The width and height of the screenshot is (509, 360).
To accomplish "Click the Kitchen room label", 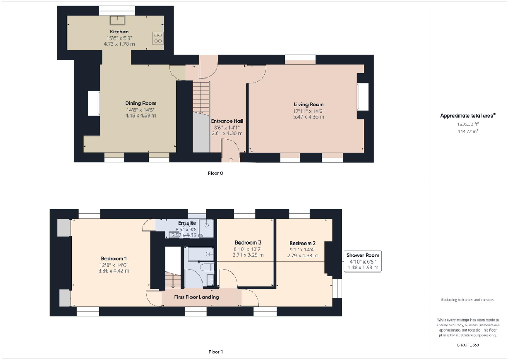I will point(119,32).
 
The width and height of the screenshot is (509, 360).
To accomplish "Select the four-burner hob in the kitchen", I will point(158,37).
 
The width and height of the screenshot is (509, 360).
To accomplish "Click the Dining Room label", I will point(140,103).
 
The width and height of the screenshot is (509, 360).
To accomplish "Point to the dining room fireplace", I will point(94,103).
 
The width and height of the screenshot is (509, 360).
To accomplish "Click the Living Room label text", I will point(309,104).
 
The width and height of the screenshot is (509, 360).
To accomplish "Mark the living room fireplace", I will point(362,98).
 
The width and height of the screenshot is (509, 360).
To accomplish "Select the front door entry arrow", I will point(230,159).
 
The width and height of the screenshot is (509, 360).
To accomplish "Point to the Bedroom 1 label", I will point(114,258).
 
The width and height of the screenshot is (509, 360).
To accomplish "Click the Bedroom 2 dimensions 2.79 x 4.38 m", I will point(303,256).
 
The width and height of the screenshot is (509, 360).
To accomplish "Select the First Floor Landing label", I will point(196,297).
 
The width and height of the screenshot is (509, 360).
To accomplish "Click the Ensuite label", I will point(187,223).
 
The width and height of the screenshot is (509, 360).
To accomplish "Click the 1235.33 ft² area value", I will point(467,124).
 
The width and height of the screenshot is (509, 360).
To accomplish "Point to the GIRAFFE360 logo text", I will point(468,345).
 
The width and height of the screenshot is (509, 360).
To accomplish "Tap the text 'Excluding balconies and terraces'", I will point(468,300).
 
